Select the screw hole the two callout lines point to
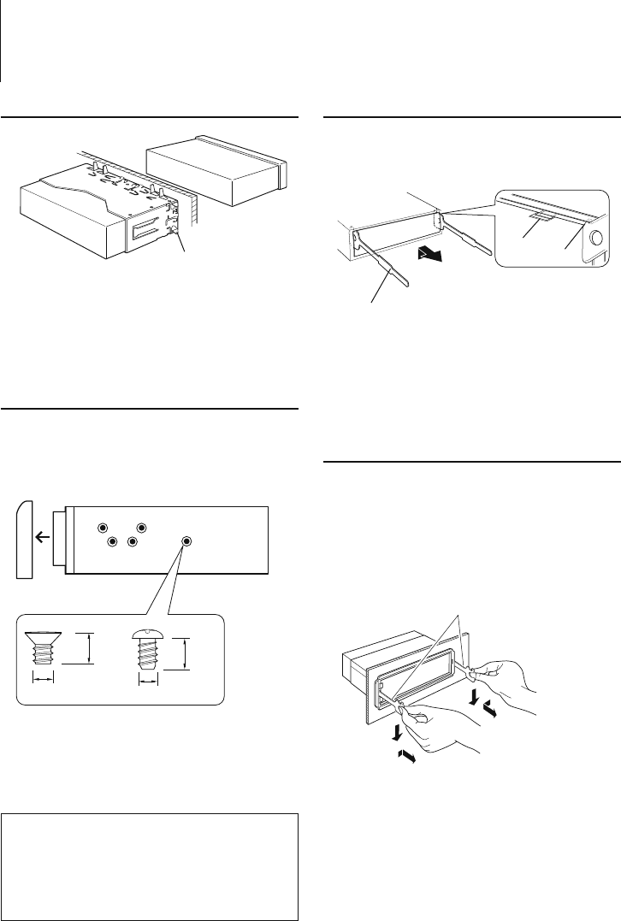point(187,542)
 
